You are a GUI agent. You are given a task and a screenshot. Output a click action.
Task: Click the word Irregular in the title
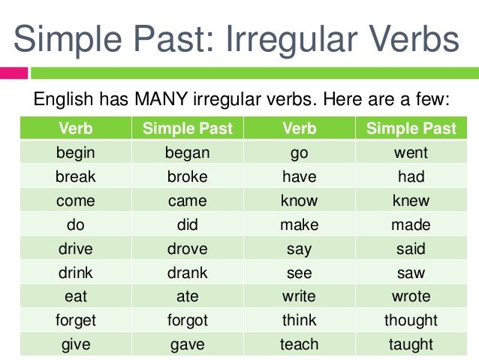pos(292,40)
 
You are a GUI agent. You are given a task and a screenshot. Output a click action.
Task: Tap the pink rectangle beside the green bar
pos(14,73)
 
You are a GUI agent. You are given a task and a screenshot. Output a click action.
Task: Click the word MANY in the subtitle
pos(161,99)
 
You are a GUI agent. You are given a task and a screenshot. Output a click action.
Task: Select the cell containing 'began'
pos(187,152)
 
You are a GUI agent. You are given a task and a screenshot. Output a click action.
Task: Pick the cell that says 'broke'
pos(187,176)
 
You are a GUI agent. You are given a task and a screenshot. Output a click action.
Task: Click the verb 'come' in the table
pos(76,201)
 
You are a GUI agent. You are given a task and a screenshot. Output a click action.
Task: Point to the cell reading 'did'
pos(187,224)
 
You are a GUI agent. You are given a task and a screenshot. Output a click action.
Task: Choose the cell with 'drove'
pos(187,248)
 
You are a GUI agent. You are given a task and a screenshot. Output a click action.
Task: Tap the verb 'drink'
pos(76,272)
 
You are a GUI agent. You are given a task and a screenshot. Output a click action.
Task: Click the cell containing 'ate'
pos(187,296)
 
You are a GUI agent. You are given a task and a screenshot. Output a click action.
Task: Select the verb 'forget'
pos(76,321)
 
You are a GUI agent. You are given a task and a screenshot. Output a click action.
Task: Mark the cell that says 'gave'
pos(187,343)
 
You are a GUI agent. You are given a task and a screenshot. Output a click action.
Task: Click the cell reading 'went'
pos(411,152)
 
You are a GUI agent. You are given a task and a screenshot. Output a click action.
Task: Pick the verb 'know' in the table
pos(300,201)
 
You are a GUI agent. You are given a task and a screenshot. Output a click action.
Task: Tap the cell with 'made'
pos(411,224)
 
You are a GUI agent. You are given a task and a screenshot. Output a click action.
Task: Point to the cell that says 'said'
pos(411,248)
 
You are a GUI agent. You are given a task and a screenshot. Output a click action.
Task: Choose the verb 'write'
pos(299,296)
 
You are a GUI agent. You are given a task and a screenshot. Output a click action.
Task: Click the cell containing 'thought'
pos(411,320)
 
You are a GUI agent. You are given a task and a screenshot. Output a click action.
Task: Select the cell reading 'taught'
pos(411,343)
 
